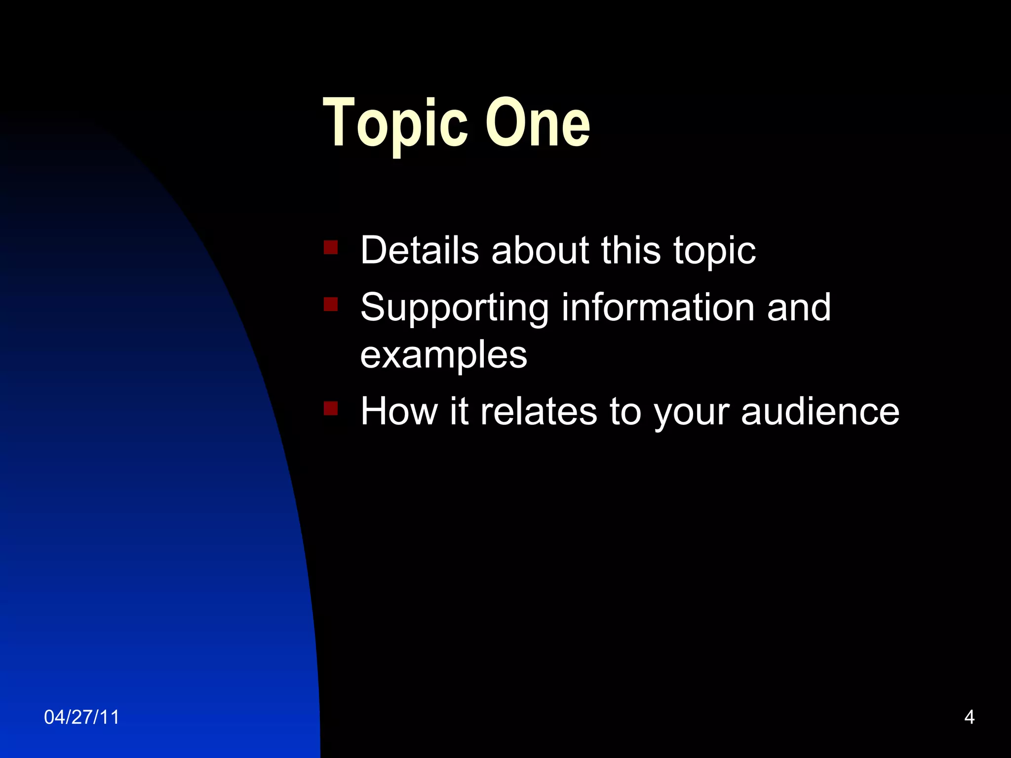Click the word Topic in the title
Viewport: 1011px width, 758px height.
(395, 123)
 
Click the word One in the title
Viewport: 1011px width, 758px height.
(538, 123)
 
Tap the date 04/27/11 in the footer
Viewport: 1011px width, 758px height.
(81, 717)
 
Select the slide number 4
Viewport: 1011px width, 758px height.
(969, 717)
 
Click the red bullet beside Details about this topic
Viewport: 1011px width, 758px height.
(330, 247)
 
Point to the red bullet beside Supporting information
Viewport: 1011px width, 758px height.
(330, 304)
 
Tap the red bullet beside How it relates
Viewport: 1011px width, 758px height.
(330, 409)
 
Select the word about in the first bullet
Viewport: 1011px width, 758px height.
(540, 250)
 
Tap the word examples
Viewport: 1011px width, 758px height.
(443, 355)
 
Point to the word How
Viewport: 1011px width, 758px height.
(399, 411)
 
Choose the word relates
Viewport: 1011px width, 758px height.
(539, 411)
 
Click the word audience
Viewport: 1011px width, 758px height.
(820, 411)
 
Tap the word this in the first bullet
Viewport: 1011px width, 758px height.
(630, 250)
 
